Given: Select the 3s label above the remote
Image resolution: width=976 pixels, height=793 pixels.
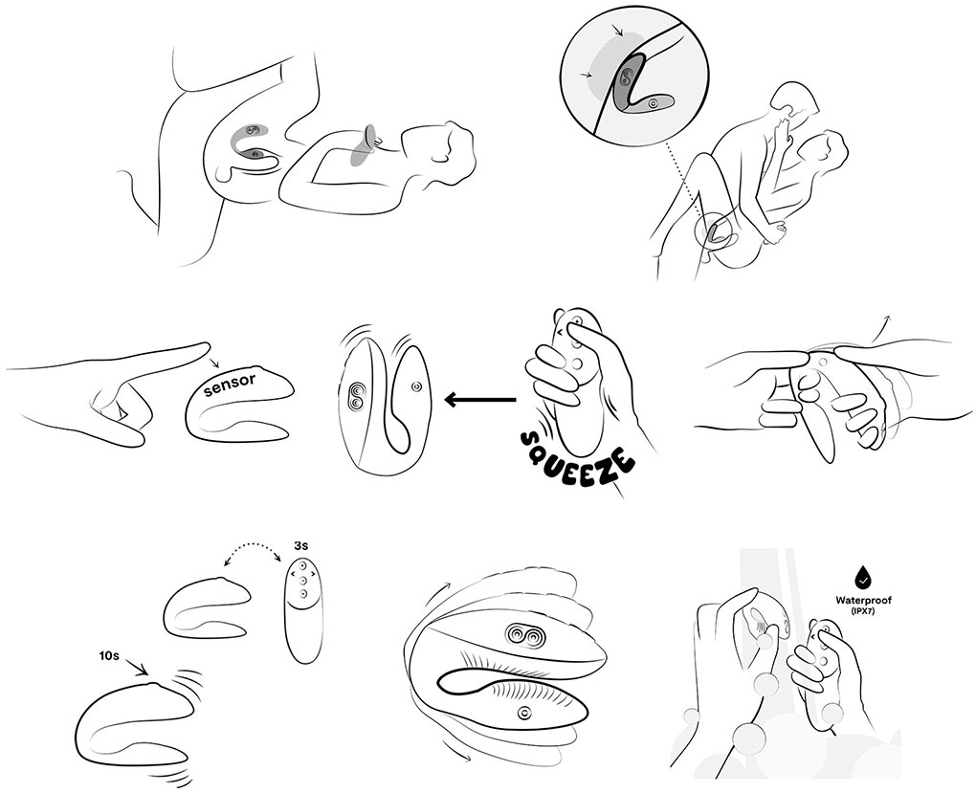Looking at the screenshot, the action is [x=300, y=546].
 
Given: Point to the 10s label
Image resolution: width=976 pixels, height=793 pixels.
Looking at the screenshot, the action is [x=108, y=655].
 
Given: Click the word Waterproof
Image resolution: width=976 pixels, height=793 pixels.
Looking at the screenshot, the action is [x=863, y=601].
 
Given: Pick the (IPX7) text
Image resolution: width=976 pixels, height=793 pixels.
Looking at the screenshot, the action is [x=863, y=612].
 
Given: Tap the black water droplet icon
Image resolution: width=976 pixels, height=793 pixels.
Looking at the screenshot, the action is [x=863, y=580].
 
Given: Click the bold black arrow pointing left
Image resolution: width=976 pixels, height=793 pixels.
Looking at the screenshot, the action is [x=480, y=400].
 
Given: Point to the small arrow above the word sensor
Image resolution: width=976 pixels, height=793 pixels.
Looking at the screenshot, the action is [x=215, y=363].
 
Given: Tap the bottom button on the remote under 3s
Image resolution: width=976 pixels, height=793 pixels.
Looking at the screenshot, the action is [x=302, y=595].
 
